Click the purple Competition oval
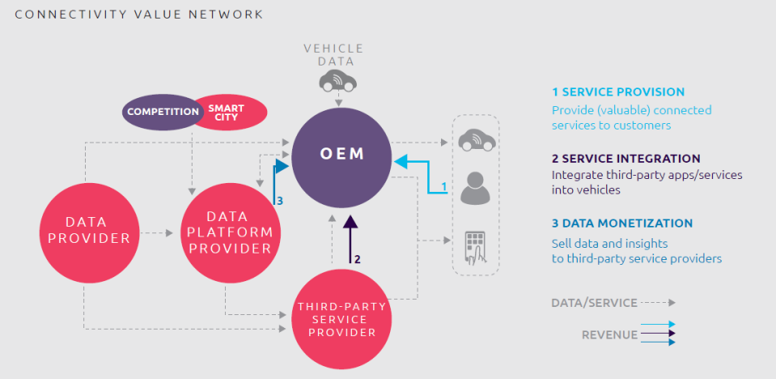(x=163, y=112)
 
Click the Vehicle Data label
(x=333, y=54)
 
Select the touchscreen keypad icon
(x=474, y=248)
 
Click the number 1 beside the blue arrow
(x=443, y=186)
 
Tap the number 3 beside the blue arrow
(x=280, y=201)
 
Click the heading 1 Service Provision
(x=617, y=92)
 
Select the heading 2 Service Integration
(x=625, y=158)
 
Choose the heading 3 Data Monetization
(x=621, y=224)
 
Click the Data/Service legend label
(x=593, y=302)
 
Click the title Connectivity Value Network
(x=138, y=15)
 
